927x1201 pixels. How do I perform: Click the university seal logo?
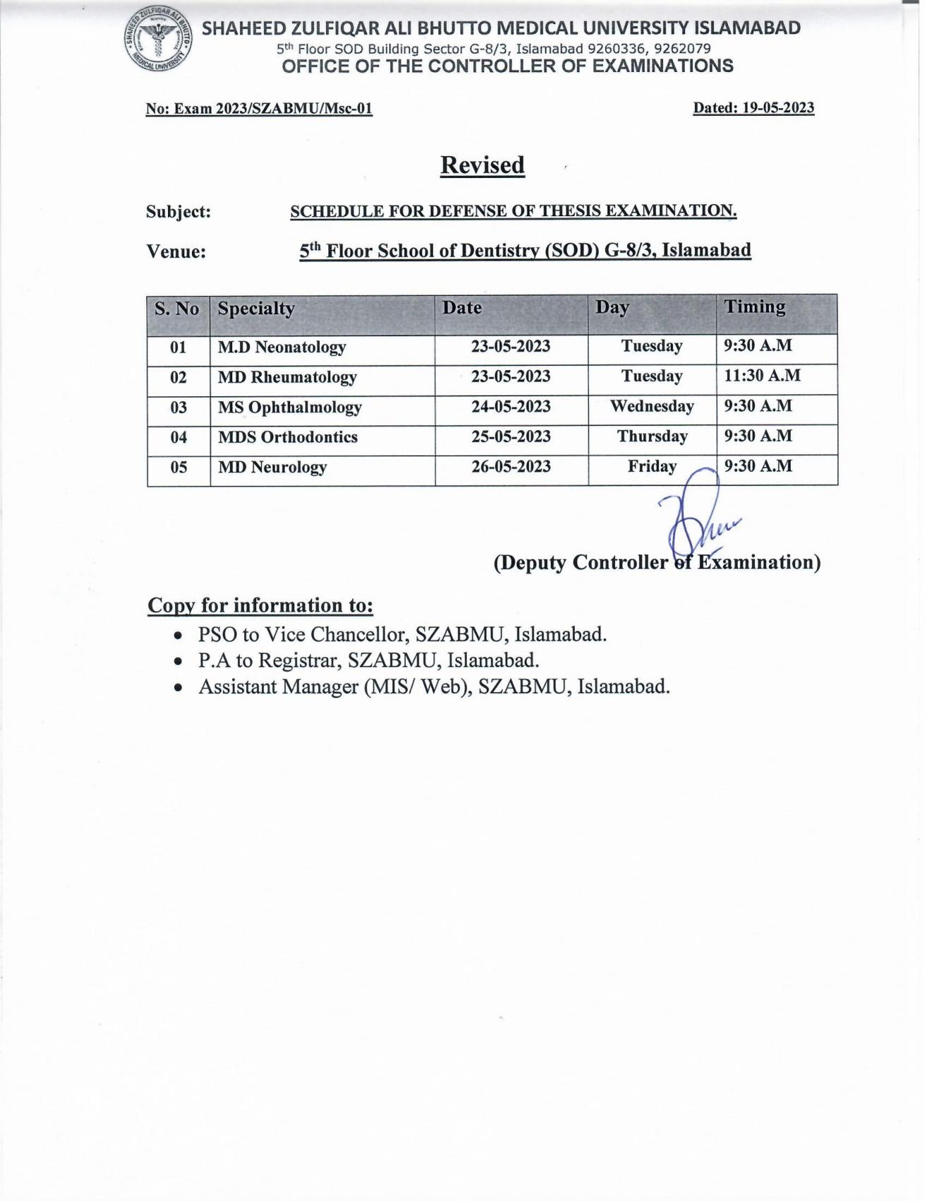pos(157,43)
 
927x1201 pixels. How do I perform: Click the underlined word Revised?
pos(482,165)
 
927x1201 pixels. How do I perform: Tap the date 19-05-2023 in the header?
pos(777,108)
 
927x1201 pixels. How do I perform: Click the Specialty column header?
pos(256,309)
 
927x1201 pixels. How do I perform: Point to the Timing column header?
pos(755,307)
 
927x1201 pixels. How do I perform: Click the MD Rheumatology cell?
pos(287,377)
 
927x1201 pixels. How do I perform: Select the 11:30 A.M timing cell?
pos(762,376)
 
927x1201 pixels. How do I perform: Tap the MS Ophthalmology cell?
pos(289,408)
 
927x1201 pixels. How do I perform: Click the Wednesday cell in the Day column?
pos(652,407)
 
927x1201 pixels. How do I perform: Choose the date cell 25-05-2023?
pos(511,437)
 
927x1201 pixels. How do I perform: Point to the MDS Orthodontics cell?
pos(288,437)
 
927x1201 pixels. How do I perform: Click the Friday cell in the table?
pos(652,467)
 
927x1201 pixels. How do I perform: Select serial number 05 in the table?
pos(179,468)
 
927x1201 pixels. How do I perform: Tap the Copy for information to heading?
pos(260,606)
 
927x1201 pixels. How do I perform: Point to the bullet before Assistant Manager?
pos(181,687)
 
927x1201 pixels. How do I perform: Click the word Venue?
pos(176,252)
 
